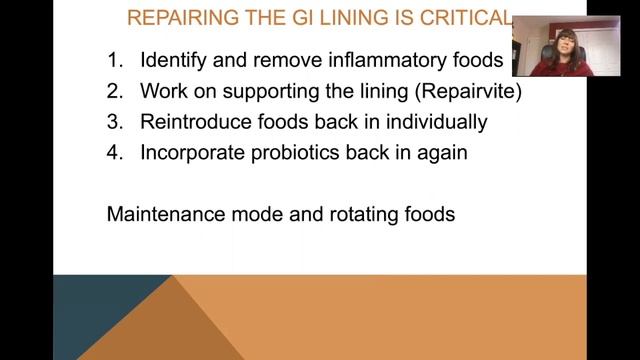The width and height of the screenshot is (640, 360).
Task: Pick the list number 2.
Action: pyautogui.click(x=113, y=92)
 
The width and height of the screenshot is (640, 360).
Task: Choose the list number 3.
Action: pyautogui.click(x=113, y=123)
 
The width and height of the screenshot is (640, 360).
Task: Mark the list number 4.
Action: pyautogui.click(x=113, y=154)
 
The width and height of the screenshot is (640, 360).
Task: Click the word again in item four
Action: pyautogui.click(x=439, y=154)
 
